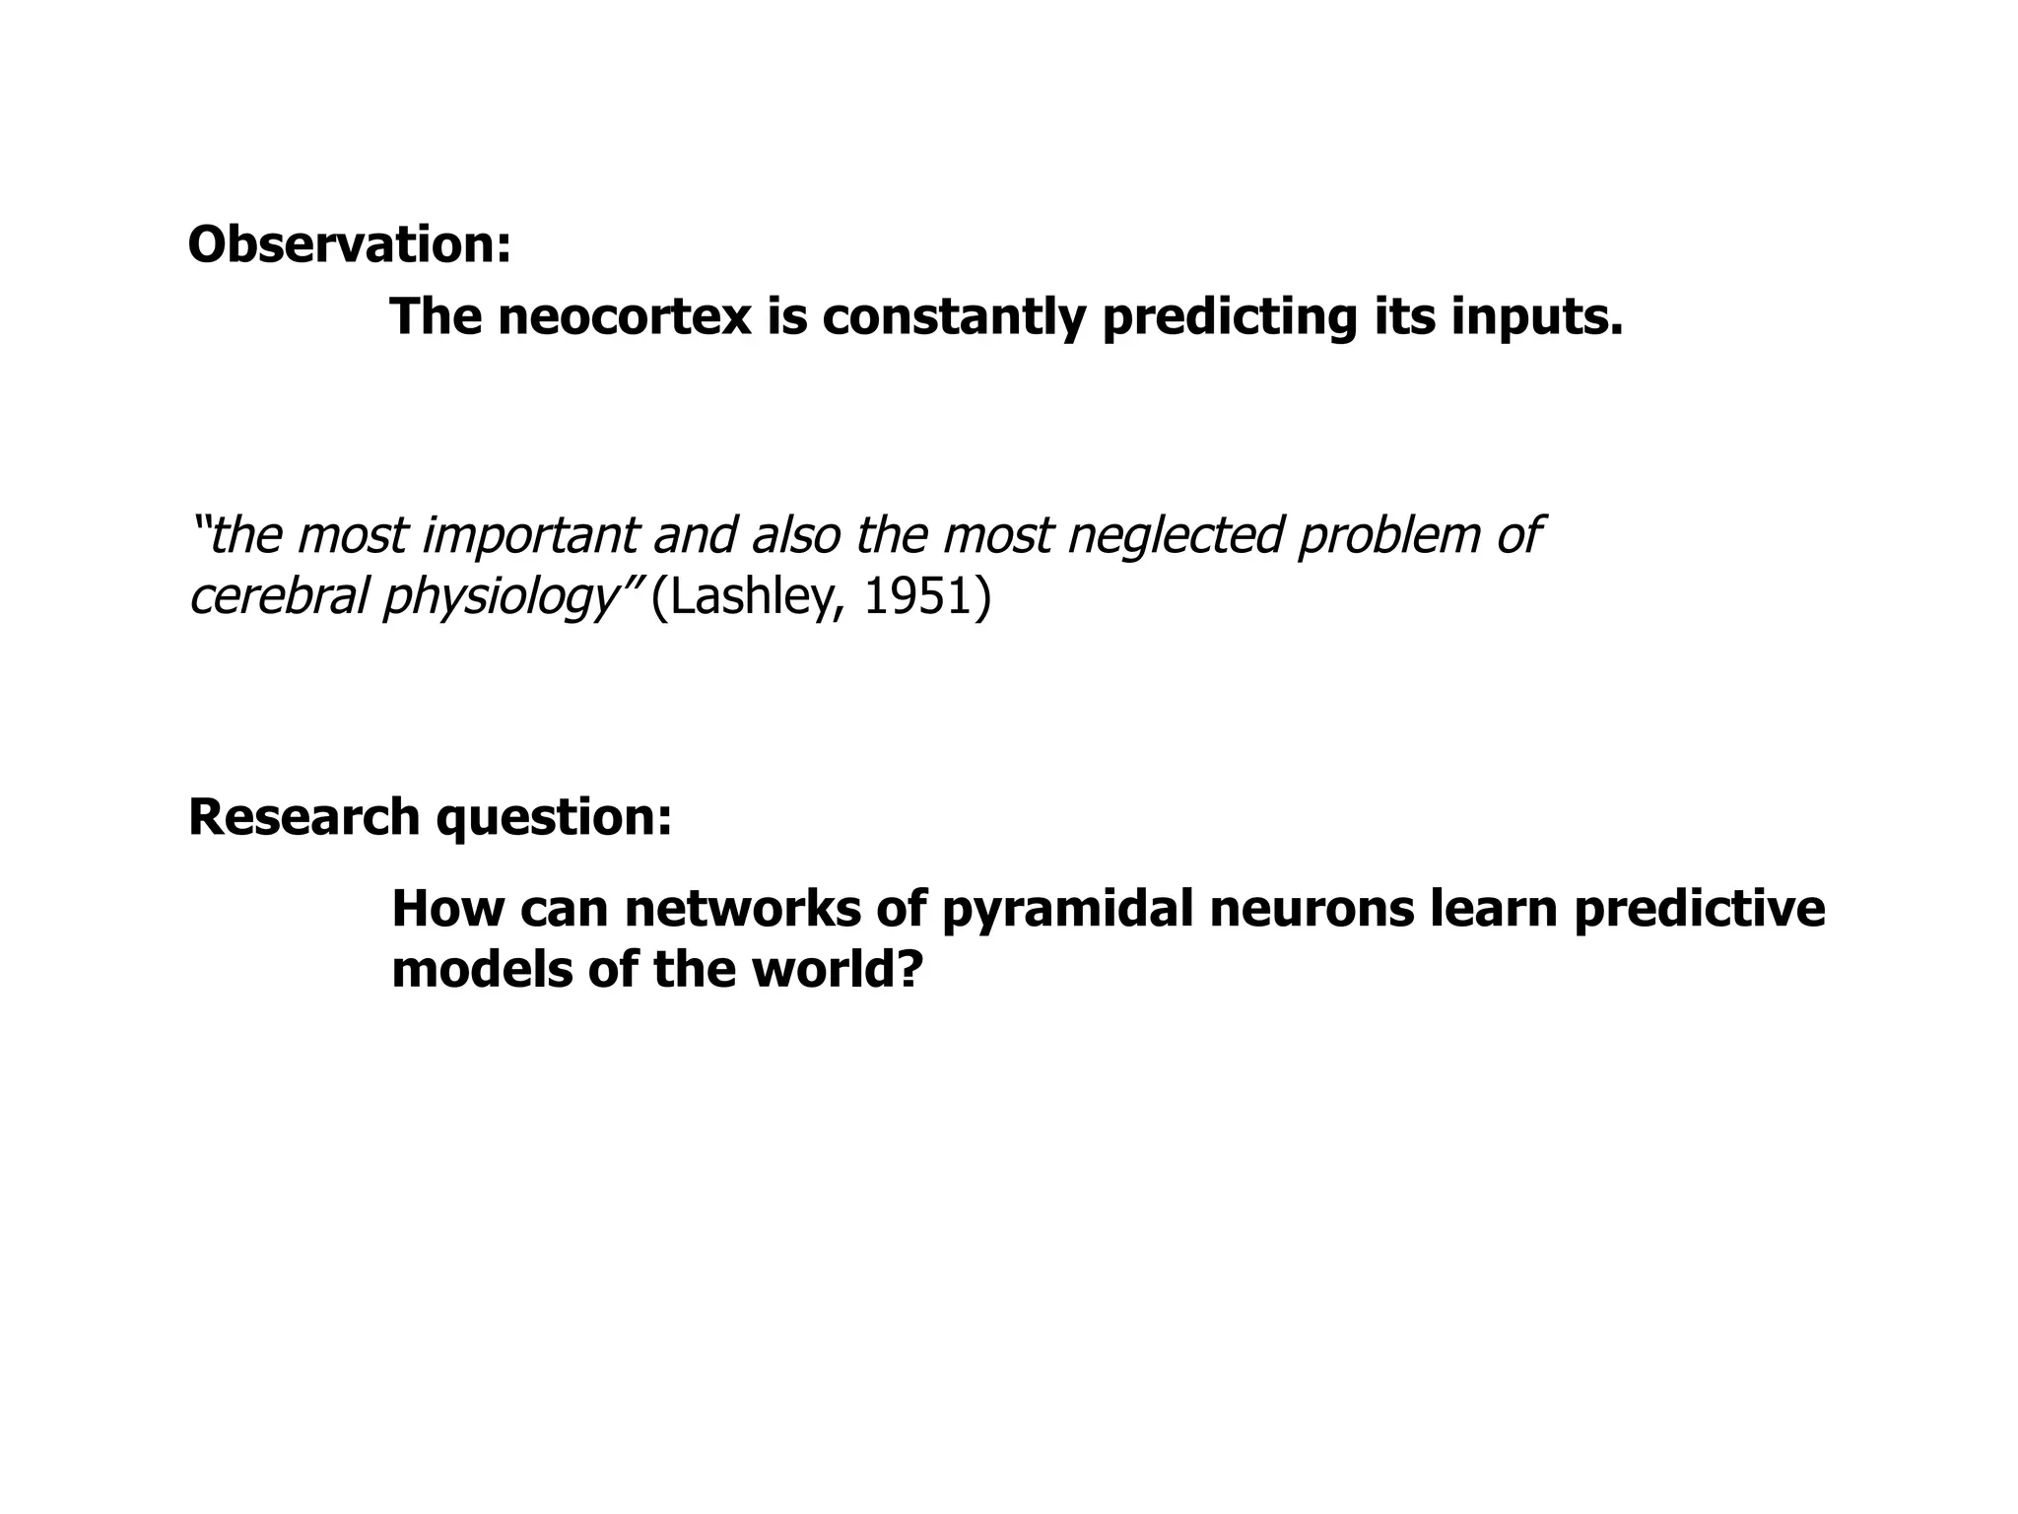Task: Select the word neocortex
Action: pos(625,317)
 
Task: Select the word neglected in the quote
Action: pos(1176,536)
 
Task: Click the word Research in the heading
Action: pos(304,818)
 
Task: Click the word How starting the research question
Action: pos(445,909)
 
